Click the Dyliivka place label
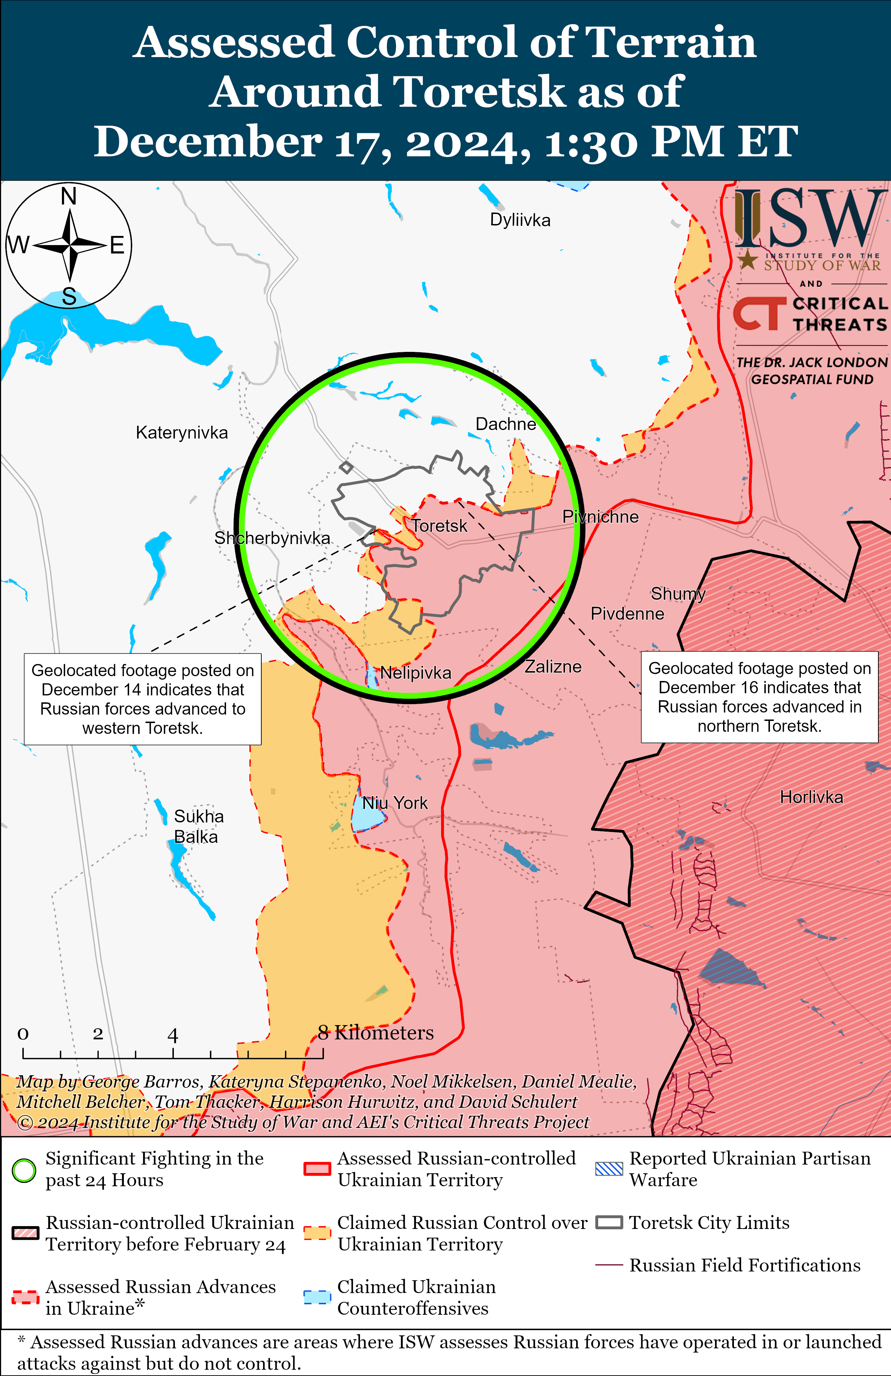[520, 220]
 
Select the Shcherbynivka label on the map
[272, 538]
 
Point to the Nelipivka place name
[416, 673]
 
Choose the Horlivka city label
[811, 797]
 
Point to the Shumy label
[678, 594]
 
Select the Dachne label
[505, 424]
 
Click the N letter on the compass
[69, 196]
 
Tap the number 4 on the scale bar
[172, 1035]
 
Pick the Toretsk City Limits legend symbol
[609, 1223]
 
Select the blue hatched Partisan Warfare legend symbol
[609, 1169]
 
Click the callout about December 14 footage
[143, 699]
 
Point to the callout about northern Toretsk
[759, 697]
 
